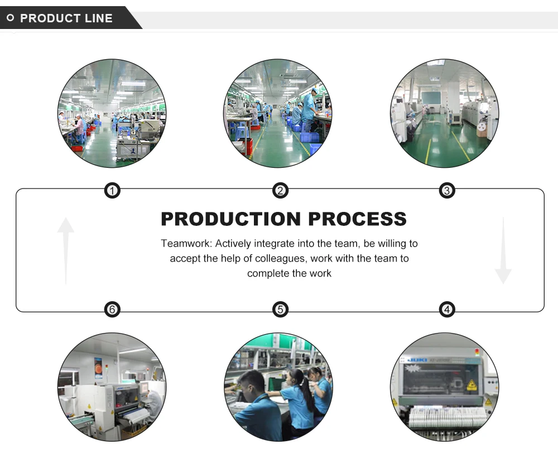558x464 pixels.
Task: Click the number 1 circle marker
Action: [x=113, y=191]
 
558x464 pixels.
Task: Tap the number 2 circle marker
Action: [x=280, y=191]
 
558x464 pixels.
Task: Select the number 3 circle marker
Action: [x=447, y=191]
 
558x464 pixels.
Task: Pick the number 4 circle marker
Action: [x=447, y=309]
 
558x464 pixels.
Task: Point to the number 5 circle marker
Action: [x=280, y=309]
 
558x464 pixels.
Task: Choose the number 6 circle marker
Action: [x=113, y=309]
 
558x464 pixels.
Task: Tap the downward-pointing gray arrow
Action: [x=503, y=251]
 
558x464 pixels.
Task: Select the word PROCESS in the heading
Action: [x=358, y=219]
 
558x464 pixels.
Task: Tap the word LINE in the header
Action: [x=98, y=18]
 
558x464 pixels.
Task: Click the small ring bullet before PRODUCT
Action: [x=10, y=18]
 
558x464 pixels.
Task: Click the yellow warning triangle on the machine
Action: [x=471, y=384]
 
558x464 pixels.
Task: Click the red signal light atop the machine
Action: [x=477, y=351]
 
